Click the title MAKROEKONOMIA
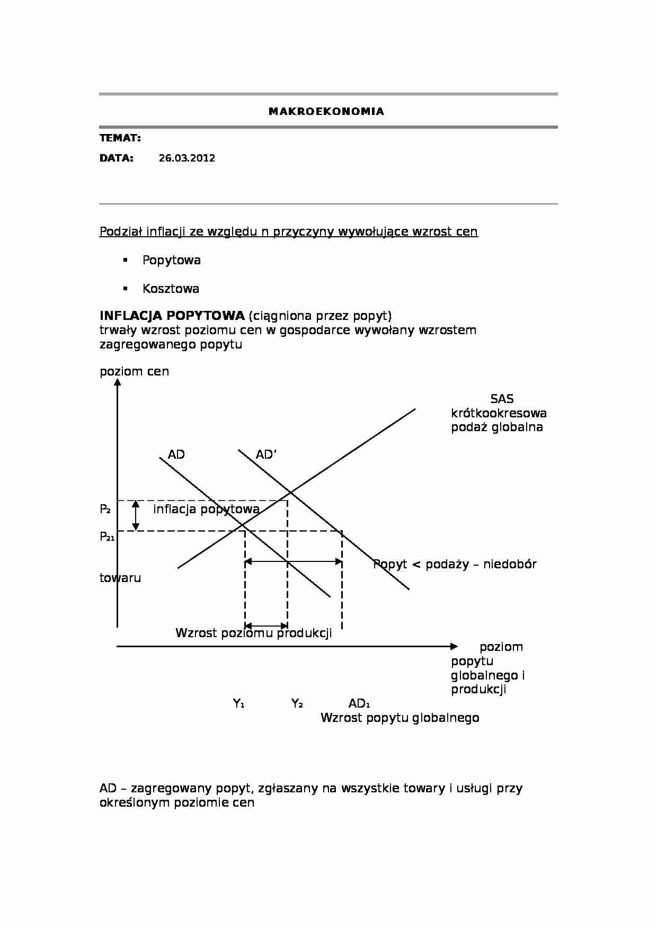(x=326, y=111)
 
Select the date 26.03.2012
(x=187, y=158)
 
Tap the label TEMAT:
(x=120, y=138)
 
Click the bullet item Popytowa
(x=171, y=260)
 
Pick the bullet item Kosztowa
(x=171, y=289)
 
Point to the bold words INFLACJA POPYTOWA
(x=172, y=316)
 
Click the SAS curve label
(x=501, y=399)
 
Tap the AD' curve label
(x=266, y=454)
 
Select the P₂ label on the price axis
(x=105, y=509)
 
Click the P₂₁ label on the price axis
(x=107, y=537)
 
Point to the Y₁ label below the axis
(x=238, y=703)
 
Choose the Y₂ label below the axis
(x=297, y=703)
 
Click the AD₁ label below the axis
(x=359, y=703)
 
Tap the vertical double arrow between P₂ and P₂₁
(x=136, y=515)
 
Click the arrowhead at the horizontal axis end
(x=454, y=646)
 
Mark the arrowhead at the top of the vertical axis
(x=118, y=381)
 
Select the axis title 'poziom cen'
(x=134, y=371)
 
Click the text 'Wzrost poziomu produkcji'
(x=253, y=633)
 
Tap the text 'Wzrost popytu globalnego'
(x=399, y=718)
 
